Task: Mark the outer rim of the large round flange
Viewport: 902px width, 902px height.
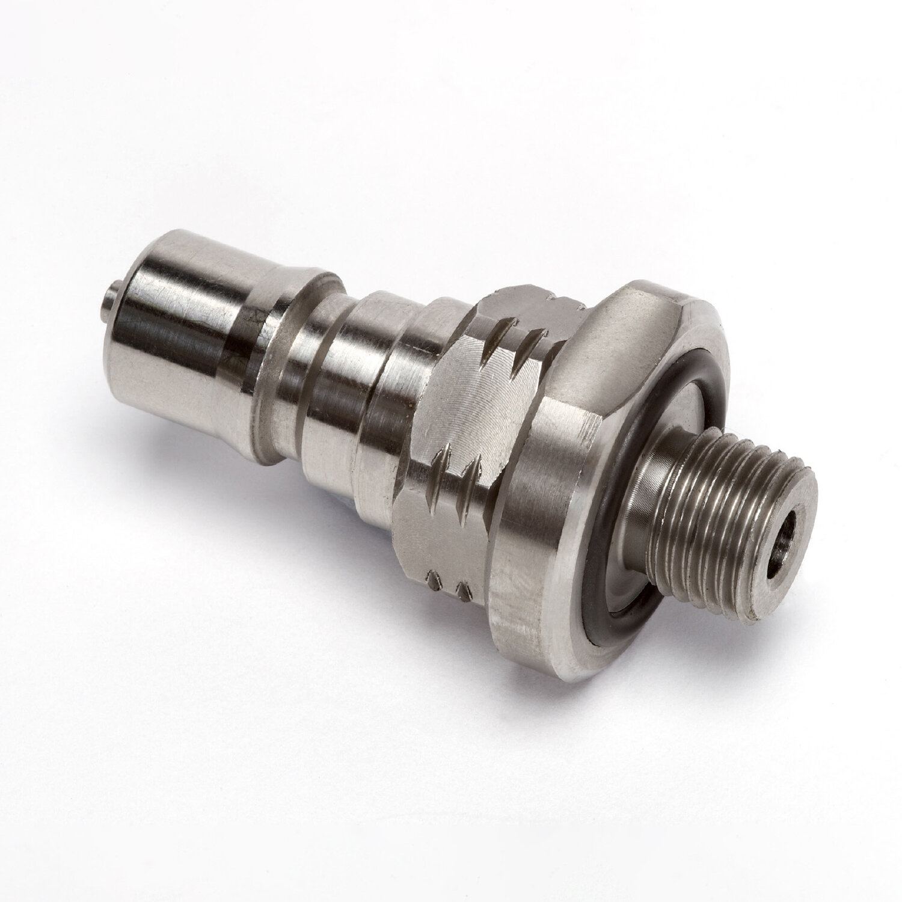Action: pyautogui.click(x=529, y=619)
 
